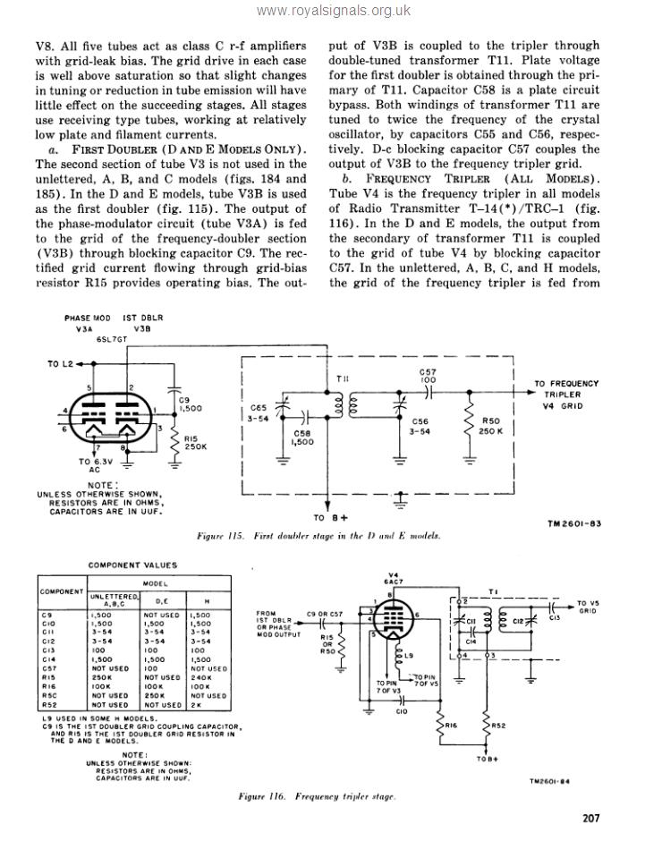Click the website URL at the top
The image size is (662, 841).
333,11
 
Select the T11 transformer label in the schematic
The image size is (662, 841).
343,379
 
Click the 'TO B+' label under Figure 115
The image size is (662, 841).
330,517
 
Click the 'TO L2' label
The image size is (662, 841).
60,364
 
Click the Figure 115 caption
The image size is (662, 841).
318,535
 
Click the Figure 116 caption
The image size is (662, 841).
318,794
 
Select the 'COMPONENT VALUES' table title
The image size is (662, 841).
132,565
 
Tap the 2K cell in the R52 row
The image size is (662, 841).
197,705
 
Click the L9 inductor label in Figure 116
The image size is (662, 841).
407,656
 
